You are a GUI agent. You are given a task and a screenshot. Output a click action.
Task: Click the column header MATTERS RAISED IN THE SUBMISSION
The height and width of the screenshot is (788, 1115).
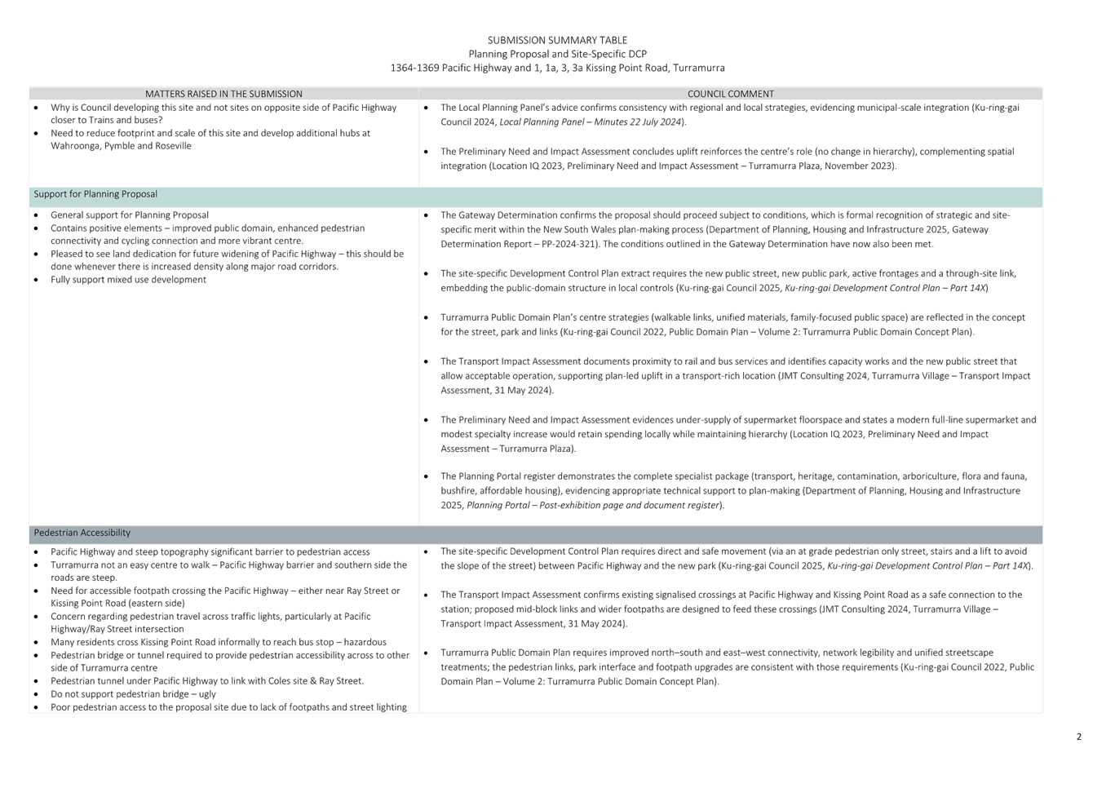point(223,94)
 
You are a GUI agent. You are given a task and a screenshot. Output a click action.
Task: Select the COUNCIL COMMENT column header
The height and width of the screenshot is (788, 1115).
point(730,94)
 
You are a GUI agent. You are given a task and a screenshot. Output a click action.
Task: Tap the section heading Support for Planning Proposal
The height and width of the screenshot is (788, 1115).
point(95,194)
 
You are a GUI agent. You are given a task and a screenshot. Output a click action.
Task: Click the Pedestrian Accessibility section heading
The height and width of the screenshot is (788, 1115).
point(82,533)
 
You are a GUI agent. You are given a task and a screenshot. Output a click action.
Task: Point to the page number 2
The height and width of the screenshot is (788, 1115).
point(1079,737)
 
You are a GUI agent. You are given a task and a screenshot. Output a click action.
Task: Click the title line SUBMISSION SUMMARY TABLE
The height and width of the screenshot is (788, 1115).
point(557,40)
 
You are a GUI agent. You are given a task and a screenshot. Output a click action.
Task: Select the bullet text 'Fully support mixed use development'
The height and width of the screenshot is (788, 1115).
point(129,279)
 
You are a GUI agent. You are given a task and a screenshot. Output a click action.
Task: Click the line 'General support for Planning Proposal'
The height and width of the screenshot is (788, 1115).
point(129,215)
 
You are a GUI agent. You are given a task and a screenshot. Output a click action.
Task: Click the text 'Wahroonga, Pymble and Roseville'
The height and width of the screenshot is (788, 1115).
point(121,146)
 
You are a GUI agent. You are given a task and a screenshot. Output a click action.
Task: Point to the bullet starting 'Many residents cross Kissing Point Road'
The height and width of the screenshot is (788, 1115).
point(219,642)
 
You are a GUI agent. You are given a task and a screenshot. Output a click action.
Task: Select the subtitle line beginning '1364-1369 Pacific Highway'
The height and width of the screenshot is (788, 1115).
point(557,68)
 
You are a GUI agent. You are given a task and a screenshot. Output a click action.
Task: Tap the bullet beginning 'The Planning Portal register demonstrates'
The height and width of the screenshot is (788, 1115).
point(726,476)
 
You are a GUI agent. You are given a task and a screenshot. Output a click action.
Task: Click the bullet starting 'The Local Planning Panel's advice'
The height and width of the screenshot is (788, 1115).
point(726,108)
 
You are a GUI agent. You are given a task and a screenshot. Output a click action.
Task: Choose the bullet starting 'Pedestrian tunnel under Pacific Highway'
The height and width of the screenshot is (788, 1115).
point(206,680)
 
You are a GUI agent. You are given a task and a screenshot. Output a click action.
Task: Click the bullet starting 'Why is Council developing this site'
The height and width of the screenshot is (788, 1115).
point(223,108)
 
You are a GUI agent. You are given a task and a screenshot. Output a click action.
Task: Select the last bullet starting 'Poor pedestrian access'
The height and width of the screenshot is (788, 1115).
point(228,706)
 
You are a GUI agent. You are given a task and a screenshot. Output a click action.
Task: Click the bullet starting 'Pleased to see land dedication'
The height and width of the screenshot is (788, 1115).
point(227,254)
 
